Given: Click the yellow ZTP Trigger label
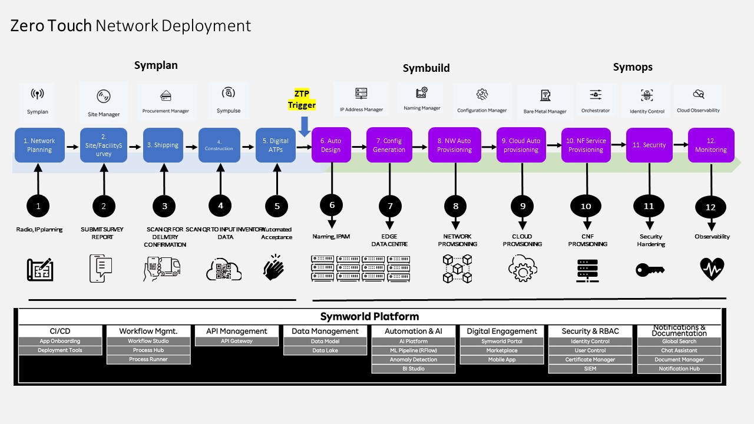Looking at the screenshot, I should pos(302,100).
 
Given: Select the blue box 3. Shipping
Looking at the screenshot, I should pos(163,145).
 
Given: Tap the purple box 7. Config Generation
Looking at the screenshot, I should pos(389,145).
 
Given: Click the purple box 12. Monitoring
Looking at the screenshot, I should pos(711,145).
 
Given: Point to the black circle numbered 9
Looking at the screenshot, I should pos(522,206).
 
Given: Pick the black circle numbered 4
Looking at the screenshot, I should pos(220,206).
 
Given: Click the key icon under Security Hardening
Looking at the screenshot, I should pos(650,270).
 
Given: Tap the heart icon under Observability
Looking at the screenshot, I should pos(712,269).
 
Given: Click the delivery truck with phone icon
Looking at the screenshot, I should pos(161,269).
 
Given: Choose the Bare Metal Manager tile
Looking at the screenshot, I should pos(545,102).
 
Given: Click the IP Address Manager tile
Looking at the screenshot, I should pos(361,100).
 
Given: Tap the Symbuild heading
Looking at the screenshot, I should pos(426,68).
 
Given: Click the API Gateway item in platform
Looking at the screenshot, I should pos(237,342).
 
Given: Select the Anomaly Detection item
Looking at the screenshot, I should pos(414,360).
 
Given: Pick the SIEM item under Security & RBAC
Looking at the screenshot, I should pos(590,369).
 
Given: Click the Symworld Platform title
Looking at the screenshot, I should pos(369,317).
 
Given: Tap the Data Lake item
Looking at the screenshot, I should pos(325,351).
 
